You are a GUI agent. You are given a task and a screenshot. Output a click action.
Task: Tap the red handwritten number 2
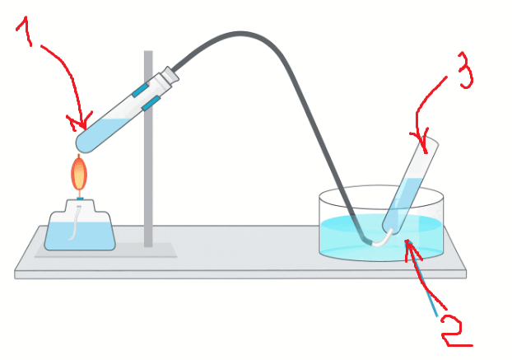455,330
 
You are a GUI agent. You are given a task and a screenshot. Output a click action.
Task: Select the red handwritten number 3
464,70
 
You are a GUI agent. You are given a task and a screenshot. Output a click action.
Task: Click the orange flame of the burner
79,173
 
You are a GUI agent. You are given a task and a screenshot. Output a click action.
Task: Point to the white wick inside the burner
75,222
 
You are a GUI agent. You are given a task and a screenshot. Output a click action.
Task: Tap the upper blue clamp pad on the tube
141,90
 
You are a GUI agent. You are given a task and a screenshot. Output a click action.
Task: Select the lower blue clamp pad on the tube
151,103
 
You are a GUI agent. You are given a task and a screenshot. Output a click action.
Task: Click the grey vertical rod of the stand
148,148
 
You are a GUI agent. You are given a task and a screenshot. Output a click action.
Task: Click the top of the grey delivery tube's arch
240,34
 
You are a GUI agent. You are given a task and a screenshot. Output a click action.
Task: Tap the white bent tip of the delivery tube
383,239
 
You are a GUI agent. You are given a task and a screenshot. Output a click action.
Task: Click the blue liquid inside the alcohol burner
80,236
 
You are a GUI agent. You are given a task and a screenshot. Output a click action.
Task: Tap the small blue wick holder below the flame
80,198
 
